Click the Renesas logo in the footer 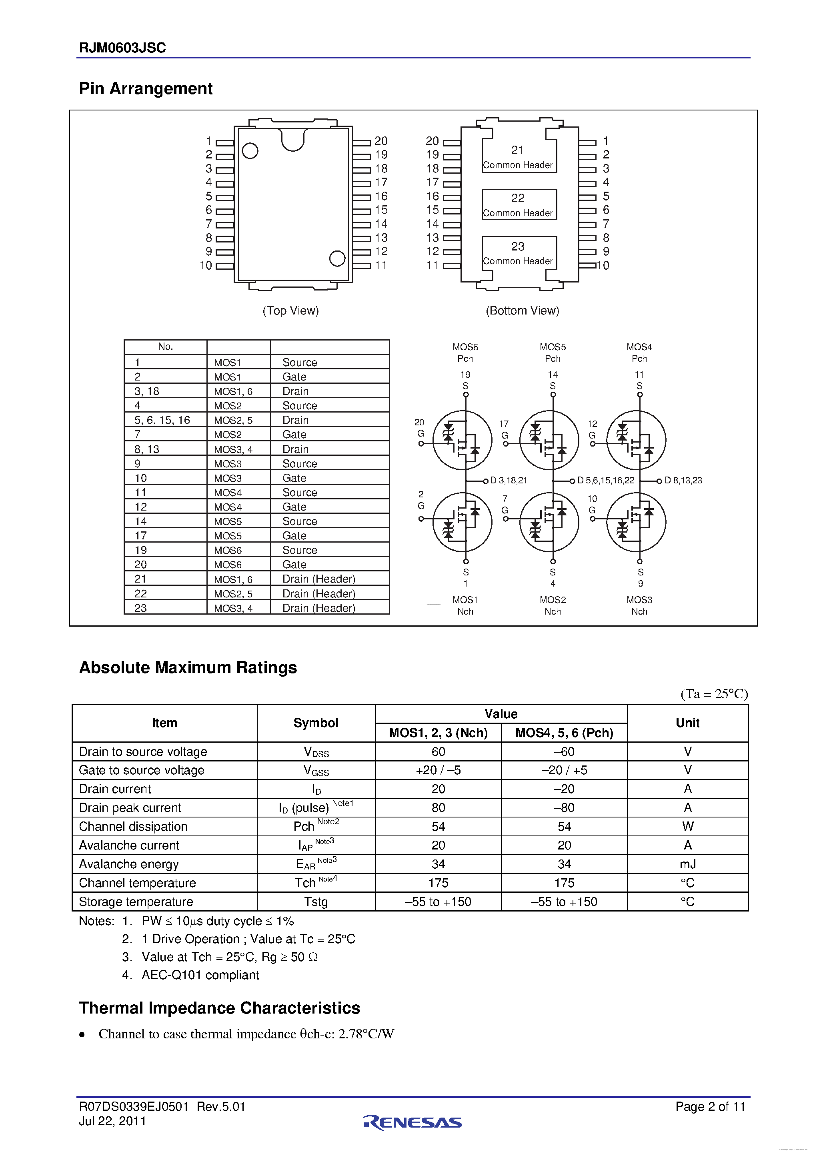pyautogui.click(x=413, y=1122)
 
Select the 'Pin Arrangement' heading pyautogui.click(x=146, y=89)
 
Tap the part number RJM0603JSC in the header pyautogui.click(x=122, y=48)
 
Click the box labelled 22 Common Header pyautogui.click(x=519, y=204)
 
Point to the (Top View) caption pyautogui.click(x=290, y=311)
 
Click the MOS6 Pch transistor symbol pyautogui.click(x=462, y=440)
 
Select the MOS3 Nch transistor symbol pyautogui.click(x=636, y=522)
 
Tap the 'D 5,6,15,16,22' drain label pyautogui.click(x=606, y=481)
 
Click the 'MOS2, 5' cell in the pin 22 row pyautogui.click(x=233, y=594)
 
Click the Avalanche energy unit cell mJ pyautogui.click(x=687, y=864)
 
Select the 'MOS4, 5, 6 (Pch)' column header pyautogui.click(x=564, y=733)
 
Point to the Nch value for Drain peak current pyautogui.click(x=438, y=808)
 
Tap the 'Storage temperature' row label pyautogui.click(x=136, y=902)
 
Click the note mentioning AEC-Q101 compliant pyautogui.click(x=200, y=975)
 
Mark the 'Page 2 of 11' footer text pyautogui.click(x=710, y=1106)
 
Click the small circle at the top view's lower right pyautogui.click(x=337, y=258)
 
